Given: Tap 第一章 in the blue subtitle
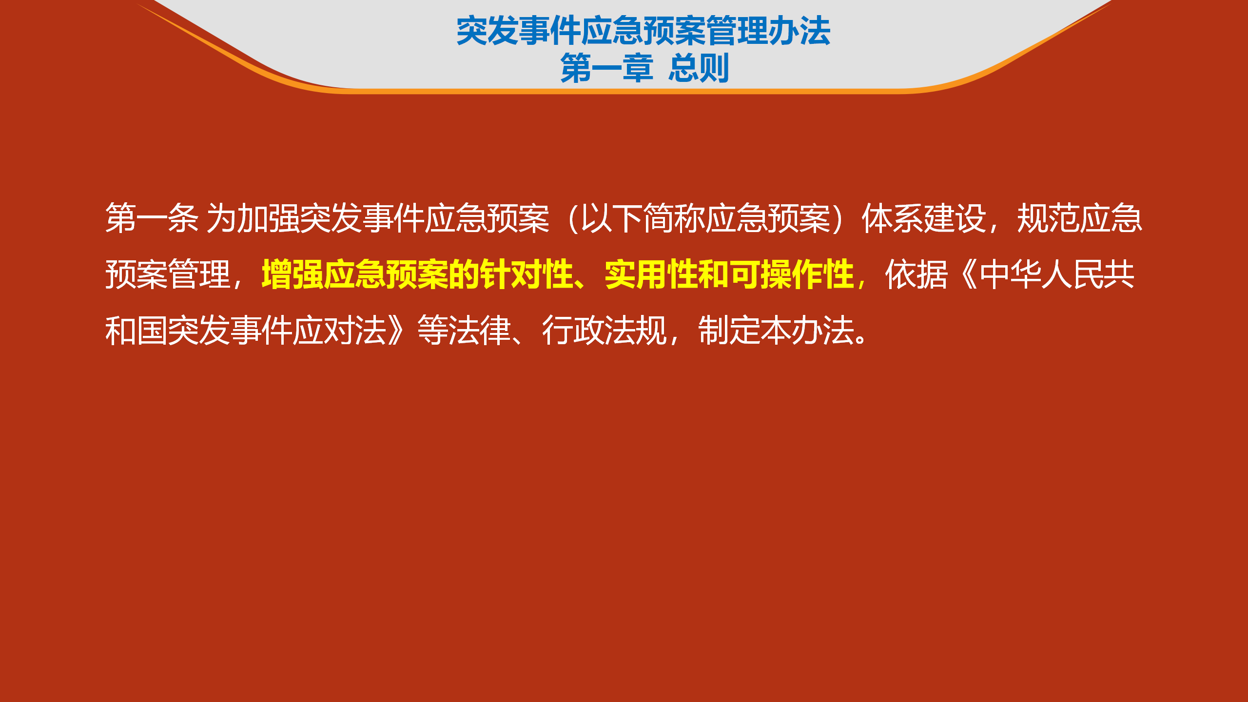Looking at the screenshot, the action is click(607, 68).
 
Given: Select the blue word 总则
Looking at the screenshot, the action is click(699, 68).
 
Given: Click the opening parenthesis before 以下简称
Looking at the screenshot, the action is click(572, 218).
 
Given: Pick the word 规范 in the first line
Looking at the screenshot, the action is click(1048, 218).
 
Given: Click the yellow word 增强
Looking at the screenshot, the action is click(292, 274).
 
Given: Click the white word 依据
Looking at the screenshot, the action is click(916, 274).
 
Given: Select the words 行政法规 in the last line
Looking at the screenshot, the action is click(604, 331).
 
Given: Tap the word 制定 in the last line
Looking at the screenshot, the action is click(729, 331).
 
